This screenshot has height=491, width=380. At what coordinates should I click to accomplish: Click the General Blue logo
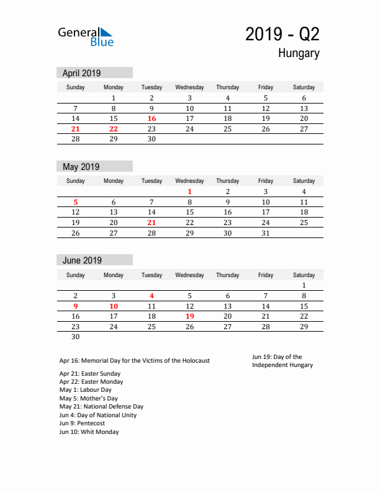point(86,37)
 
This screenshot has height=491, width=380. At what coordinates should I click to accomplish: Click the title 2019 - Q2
point(282,34)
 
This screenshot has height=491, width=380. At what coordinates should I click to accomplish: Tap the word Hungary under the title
point(299,53)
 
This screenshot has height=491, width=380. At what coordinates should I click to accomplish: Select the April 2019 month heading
point(82,73)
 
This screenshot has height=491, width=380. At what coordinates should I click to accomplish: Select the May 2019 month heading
point(81,166)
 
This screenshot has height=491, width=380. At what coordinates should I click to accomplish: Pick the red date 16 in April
point(152,118)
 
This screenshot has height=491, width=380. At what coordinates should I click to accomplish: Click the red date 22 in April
point(114,129)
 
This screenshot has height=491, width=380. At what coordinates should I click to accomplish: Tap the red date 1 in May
point(190,192)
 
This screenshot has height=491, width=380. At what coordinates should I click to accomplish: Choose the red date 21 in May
point(152,223)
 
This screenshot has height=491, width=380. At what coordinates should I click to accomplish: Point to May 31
point(266,233)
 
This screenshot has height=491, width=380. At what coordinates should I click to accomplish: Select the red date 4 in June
point(152,296)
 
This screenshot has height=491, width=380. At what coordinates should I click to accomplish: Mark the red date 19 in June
point(190,316)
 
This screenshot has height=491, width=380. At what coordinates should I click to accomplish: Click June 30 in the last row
point(76,337)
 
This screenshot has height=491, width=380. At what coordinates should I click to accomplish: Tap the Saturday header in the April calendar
point(304,87)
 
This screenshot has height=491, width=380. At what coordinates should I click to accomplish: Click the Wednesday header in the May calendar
point(190,181)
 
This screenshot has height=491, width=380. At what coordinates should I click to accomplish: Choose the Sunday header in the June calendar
point(76,275)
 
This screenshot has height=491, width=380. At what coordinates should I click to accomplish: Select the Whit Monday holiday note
point(89,432)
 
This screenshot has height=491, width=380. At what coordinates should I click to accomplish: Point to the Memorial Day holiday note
point(135,360)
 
